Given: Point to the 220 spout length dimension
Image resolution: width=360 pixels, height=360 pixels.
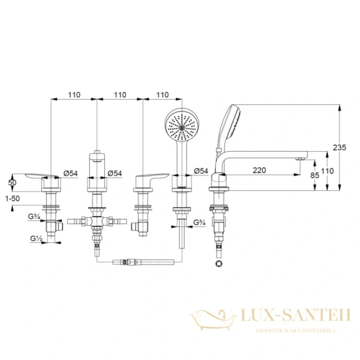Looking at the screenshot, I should [259, 170].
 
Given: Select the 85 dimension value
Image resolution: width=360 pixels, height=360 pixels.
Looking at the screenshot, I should [315, 176].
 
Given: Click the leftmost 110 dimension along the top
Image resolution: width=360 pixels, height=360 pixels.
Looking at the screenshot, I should [74, 95].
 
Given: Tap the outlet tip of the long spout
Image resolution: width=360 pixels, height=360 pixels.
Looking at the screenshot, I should [298, 158].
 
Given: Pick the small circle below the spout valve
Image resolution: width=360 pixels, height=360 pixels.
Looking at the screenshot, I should [217, 263].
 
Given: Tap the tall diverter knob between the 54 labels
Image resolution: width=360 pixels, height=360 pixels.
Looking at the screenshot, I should [97, 166].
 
